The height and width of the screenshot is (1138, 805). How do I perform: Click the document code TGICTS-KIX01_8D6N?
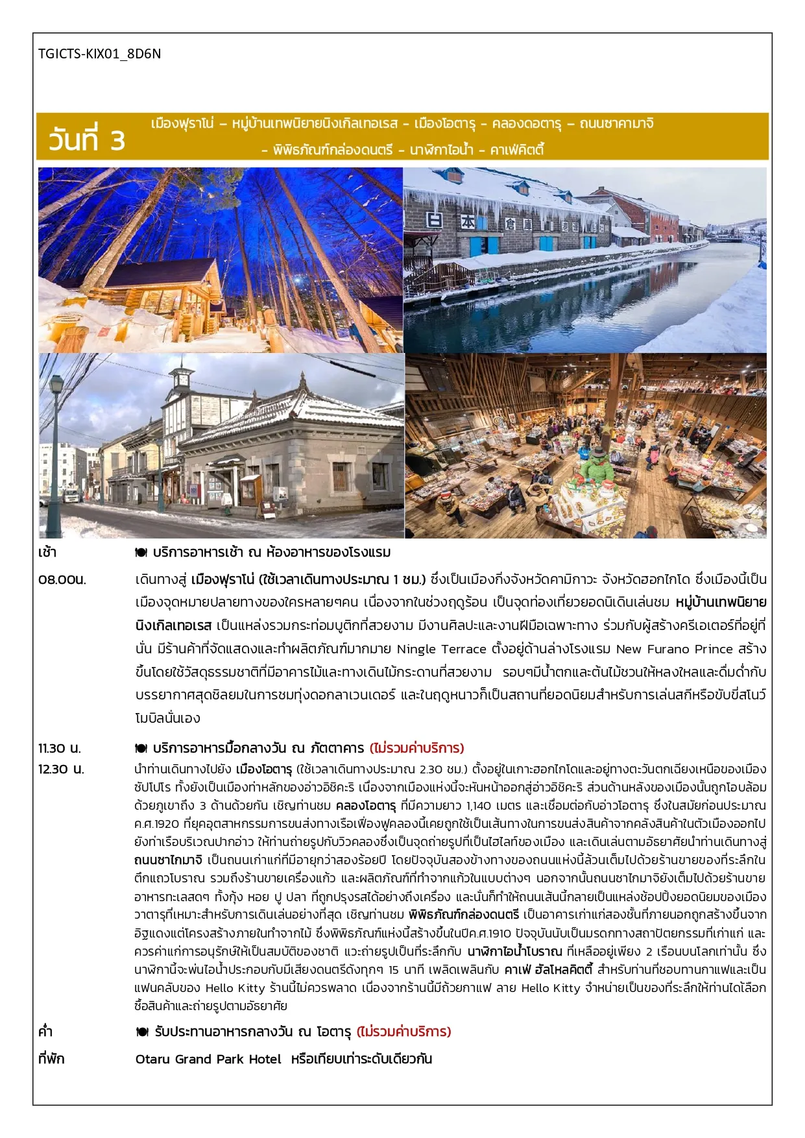[99, 54]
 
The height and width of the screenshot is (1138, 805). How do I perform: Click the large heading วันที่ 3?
[86, 139]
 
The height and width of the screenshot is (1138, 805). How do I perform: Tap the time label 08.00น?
[62, 579]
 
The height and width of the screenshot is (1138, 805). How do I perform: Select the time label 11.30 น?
[60, 748]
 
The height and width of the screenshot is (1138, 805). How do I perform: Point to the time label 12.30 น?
[61, 769]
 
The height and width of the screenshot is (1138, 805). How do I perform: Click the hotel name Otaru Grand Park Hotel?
[208, 1059]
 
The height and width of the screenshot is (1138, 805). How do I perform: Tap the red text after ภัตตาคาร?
[416, 748]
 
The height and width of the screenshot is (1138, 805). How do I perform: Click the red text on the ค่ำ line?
[403, 1032]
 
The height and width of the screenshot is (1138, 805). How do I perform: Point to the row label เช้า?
[47, 553]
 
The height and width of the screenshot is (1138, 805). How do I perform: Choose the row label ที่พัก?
[51, 1059]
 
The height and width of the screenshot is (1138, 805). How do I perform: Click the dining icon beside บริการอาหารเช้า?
[141, 553]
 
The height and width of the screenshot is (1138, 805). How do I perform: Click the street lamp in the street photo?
[56, 448]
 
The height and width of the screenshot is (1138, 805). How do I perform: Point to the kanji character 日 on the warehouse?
[434, 220]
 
